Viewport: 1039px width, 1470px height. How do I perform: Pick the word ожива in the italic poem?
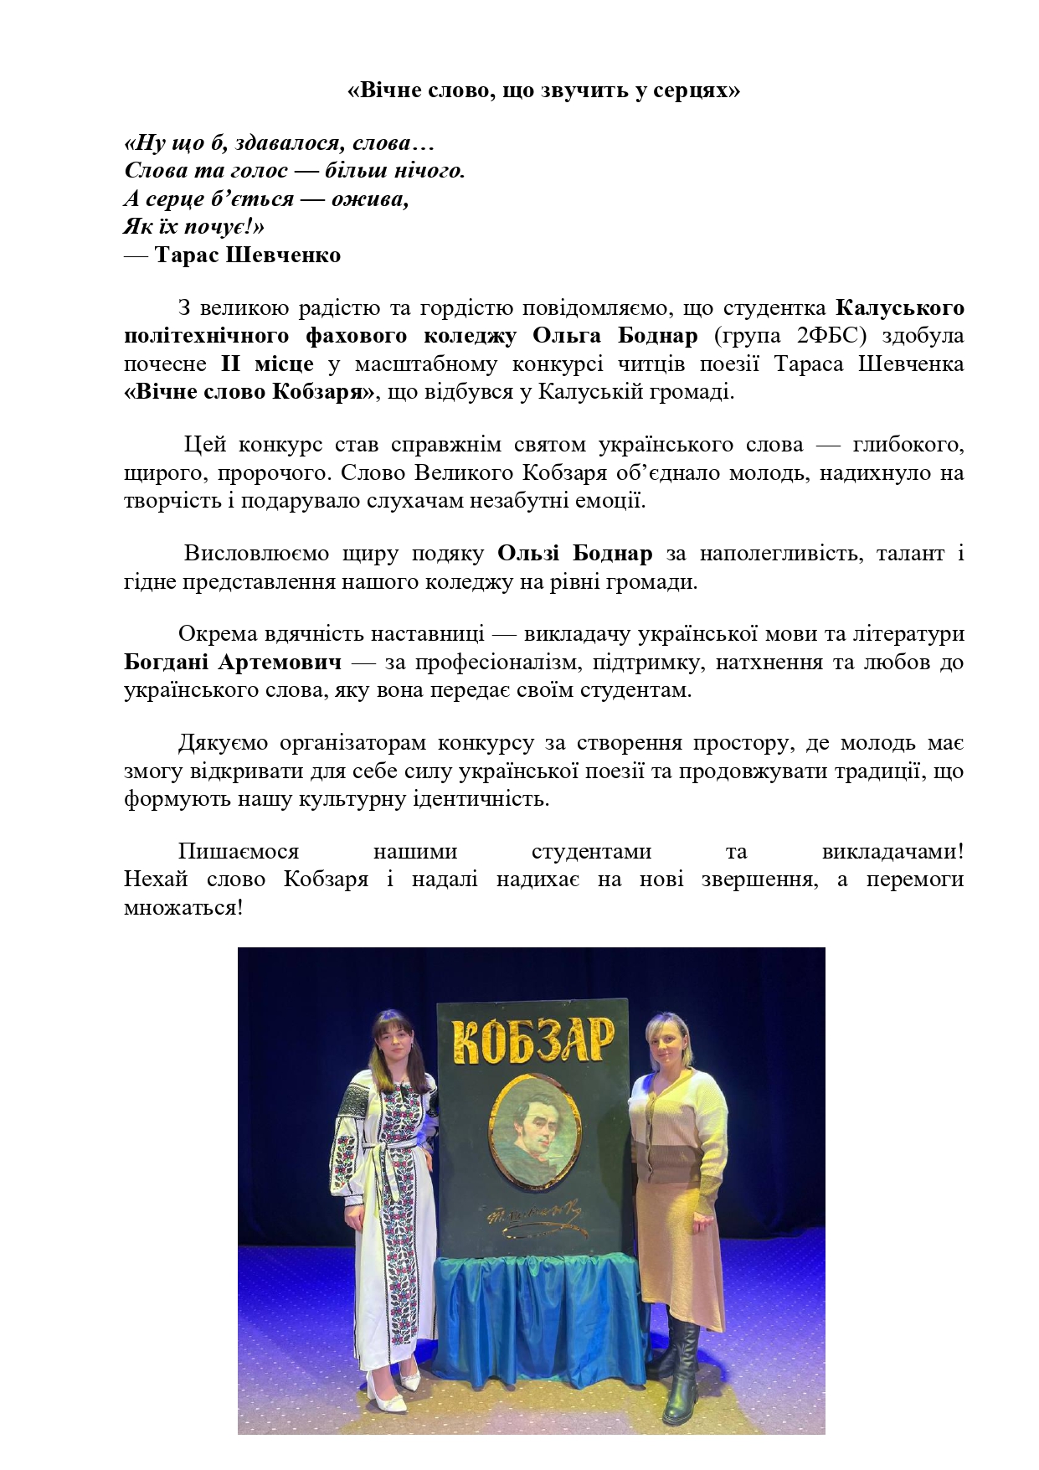(x=368, y=199)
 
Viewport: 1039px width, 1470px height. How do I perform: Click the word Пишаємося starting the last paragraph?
(x=239, y=851)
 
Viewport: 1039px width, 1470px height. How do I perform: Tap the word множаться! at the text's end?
(x=183, y=907)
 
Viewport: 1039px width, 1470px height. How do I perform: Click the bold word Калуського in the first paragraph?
(x=900, y=307)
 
